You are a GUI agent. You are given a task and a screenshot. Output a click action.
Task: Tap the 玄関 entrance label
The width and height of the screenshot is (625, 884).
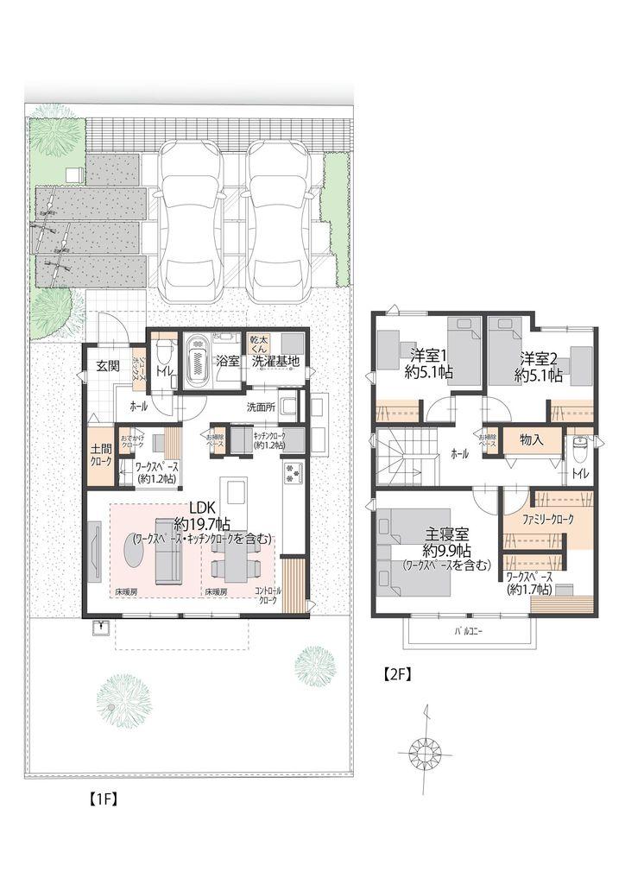[x=107, y=365]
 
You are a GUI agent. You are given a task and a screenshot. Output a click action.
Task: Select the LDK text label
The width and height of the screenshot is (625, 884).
[x=201, y=508]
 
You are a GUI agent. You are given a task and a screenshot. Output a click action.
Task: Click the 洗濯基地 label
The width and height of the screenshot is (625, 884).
[x=276, y=362]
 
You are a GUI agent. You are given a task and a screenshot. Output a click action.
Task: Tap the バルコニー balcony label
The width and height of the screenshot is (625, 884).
[x=469, y=632]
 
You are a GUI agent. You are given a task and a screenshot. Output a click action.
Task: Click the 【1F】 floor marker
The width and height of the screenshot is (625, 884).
[x=104, y=799]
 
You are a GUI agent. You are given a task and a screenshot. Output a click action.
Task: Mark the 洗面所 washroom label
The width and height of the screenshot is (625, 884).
[x=262, y=407]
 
